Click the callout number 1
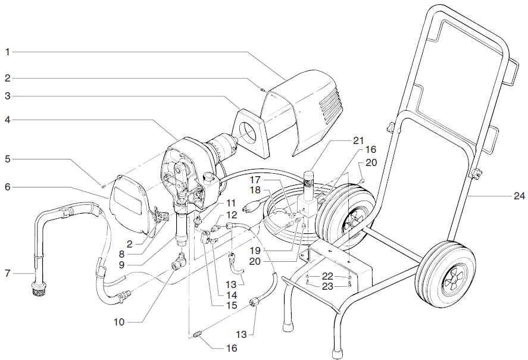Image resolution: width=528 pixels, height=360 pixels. coord(8,52)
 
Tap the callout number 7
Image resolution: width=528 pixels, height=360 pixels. coord(8,274)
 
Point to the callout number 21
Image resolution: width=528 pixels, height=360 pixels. coord(357,140)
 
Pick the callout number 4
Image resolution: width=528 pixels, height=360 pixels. coord(8,119)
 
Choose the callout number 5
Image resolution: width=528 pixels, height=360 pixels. coord(8,159)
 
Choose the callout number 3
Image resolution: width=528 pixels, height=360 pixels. coord(8,95)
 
